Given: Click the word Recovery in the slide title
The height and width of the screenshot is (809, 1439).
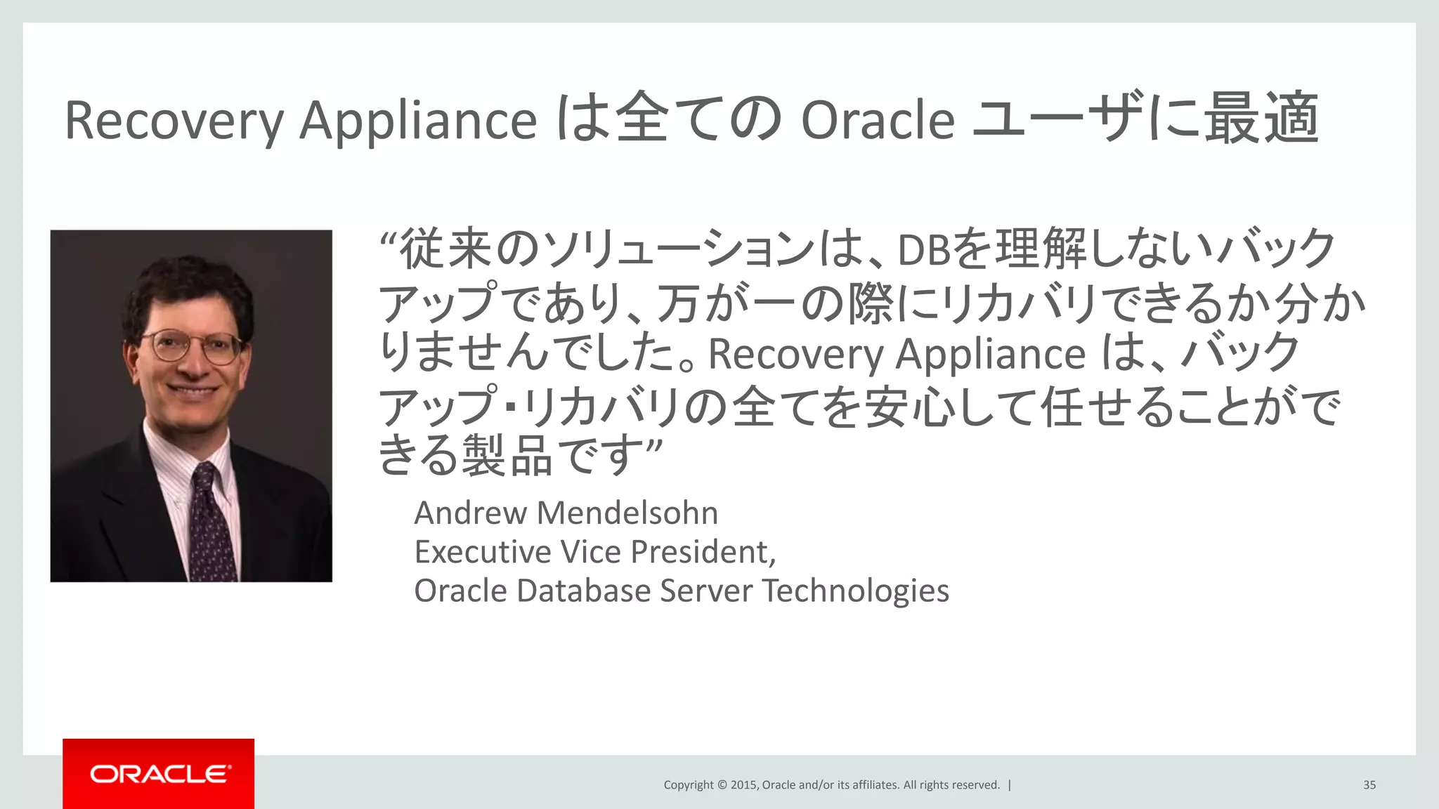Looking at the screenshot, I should pyautogui.click(x=174, y=121).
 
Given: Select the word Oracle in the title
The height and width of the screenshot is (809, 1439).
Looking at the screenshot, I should pyautogui.click(x=878, y=121).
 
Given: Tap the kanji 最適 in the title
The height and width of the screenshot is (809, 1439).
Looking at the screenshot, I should pyautogui.click(x=1261, y=118).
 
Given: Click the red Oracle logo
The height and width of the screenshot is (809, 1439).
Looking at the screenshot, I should pyautogui.click(x=159, y=773).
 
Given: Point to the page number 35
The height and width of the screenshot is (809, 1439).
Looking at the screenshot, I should pyautogui.click(x=1369, y=785).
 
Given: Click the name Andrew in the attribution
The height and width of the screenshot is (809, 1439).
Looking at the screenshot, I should pyautogui.click(x=470, y=513).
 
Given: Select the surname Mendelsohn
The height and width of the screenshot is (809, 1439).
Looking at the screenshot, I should pyautogui.click(x=627, y=513).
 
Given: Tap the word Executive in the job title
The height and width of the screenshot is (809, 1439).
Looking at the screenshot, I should pyautogui.click(x=483, y=552).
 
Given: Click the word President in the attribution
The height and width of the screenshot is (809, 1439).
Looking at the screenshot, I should pyautogui.click(x=703, y=552).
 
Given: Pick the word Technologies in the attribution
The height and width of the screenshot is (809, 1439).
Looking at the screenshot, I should pyautogui.click(x=856, y=591).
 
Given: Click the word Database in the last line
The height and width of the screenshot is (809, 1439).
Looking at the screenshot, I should pyautogui.click(x=583, y=591).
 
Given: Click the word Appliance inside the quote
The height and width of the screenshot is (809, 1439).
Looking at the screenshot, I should pyautogui.click(x=991, y=354).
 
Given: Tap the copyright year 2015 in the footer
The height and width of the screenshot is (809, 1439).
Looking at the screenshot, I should pyautogui.click(x=744, y=785).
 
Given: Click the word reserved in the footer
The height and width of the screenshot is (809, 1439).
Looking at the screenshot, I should pyautogui.click(x=975, y=785).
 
